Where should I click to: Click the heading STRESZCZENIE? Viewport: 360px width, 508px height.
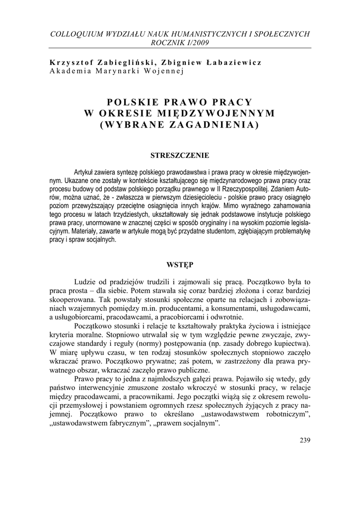point(180,155)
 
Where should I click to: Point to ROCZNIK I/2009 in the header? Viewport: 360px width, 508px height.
point(180,42)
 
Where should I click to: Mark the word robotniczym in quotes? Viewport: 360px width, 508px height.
point(282,415)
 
